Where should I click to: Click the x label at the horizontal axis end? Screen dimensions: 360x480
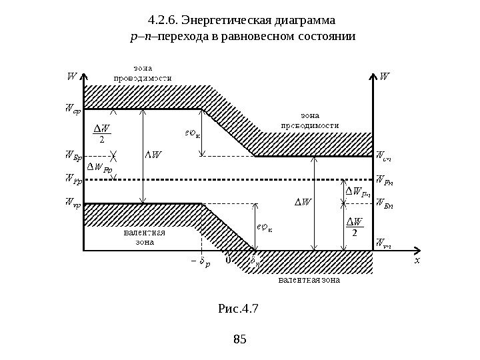(417, 261)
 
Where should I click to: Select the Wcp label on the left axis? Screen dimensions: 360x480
(72, 109)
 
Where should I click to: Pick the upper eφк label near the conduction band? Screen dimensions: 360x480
(193, 131)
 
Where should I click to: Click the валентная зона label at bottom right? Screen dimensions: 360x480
(309, 281)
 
